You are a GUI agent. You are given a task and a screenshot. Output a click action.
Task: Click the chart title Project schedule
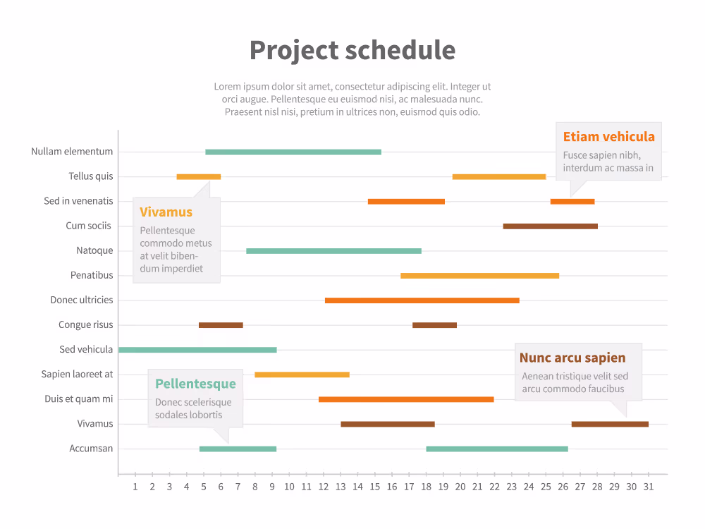tap(352, 50)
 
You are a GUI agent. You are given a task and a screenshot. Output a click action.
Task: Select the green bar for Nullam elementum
tap(293, 152)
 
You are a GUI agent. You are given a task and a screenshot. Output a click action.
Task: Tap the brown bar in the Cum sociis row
tap(551, 226)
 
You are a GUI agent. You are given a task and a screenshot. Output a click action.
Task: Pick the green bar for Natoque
tap(333, 251)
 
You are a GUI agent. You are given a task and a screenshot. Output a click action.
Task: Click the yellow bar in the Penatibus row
tap(479, 276)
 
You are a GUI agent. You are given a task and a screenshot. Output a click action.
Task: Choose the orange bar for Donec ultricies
tap(422, 300)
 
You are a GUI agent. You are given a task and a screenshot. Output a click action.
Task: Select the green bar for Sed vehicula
tap(198, 350)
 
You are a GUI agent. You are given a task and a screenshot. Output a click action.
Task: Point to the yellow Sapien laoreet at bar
tap(302, 375)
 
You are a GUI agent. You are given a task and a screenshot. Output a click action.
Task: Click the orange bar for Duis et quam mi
tap(406, 399)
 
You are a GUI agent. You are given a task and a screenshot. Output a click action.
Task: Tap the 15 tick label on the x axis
tap(375, 487)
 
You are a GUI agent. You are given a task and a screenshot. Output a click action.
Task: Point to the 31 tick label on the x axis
tap(649, 487)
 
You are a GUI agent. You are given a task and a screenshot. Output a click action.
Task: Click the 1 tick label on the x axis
tap(135, 487)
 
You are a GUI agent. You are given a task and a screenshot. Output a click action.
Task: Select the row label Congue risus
tap(85, 324)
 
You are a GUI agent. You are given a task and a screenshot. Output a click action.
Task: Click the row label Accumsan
tap(91, 449)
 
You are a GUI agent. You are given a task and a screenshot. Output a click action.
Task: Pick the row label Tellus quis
tap(90, 176)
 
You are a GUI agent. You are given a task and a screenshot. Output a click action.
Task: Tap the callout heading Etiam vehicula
tap(609, 137)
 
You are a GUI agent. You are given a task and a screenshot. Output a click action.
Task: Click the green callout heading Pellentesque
tap(195, 384)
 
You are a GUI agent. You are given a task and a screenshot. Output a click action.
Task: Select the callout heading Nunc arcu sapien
tap(572, 358)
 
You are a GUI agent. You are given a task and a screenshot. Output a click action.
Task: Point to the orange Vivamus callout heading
tap(166, 212)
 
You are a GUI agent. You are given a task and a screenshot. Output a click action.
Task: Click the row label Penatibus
tap(92, 275)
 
